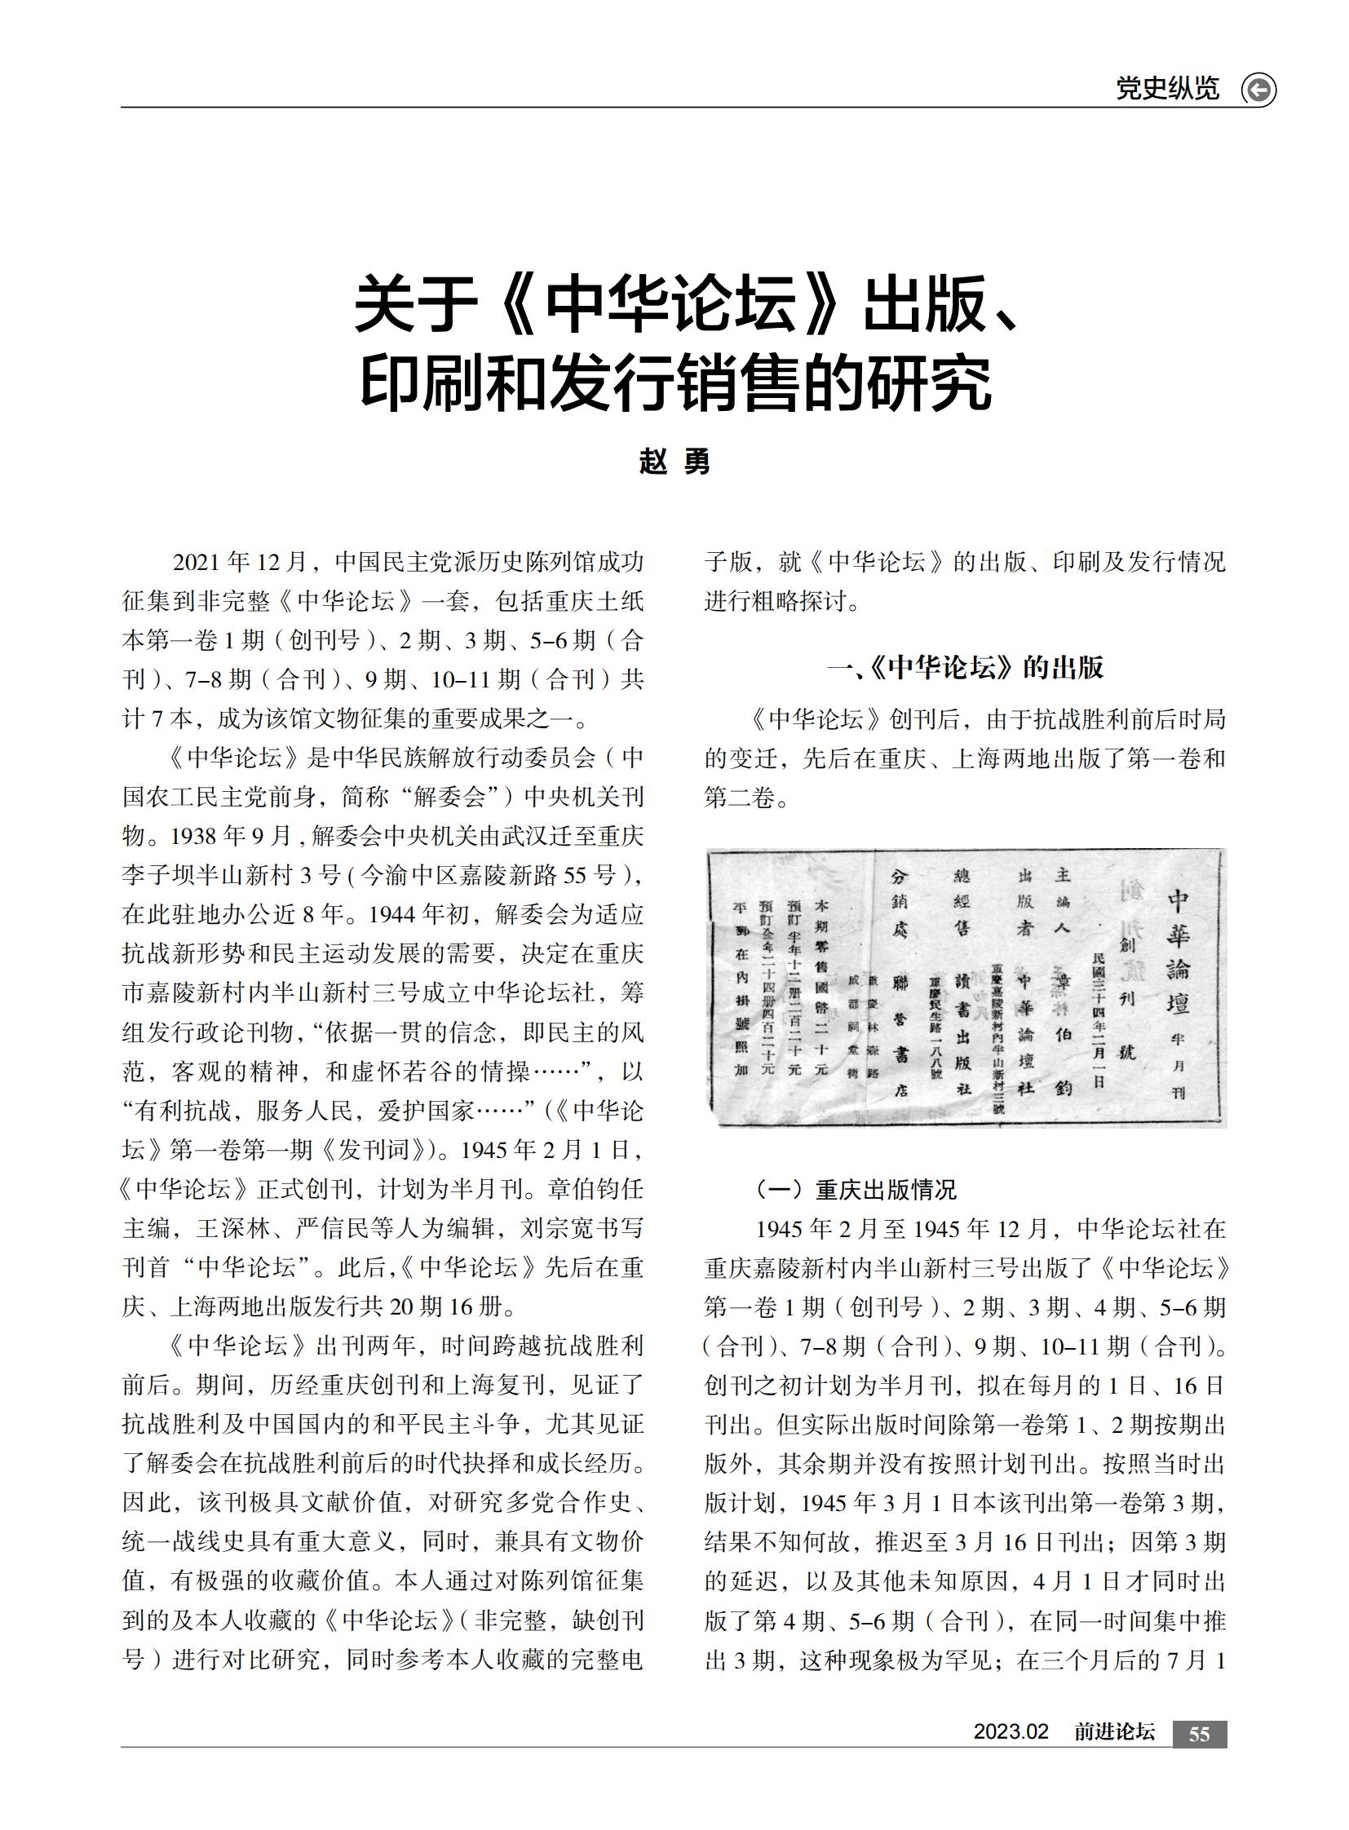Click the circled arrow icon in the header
pos(1258,89)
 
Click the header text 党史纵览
pos(1167,88)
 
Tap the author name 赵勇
pos(674,462)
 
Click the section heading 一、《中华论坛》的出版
pos(965,667)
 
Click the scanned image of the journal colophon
pos(966,988)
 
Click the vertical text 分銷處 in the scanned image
pos(899,902)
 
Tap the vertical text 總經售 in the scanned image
pos(962,902)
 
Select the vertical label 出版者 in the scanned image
pos(1026,902)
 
